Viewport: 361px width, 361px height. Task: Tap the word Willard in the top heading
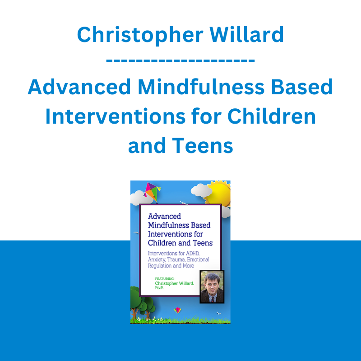(x=246, y=35)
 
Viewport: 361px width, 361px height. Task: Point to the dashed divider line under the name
(x=180, y=61)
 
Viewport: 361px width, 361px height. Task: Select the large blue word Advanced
(x=79, y=87)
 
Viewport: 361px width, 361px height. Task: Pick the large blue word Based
(x=302, y=87)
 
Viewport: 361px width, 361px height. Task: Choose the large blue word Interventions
(x=116, y=116)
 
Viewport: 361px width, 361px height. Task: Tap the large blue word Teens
(x=203, y=145)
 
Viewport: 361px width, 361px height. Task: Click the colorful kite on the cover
(x=152, y=191)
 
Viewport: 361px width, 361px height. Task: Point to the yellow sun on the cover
(x=218, y=194)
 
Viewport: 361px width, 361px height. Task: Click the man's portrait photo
(x=212, y=287)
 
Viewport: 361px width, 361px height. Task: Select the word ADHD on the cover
(x=193, y=254)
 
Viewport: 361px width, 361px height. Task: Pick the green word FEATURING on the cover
(x=165, y=279)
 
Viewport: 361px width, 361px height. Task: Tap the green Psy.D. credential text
(x=159, y=288)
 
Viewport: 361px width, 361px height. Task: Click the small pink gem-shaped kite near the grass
(x=177, y=310)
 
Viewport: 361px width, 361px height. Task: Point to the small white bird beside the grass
(x=219, y=313)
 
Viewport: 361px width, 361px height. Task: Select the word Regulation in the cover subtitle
(x=160, y=266)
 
